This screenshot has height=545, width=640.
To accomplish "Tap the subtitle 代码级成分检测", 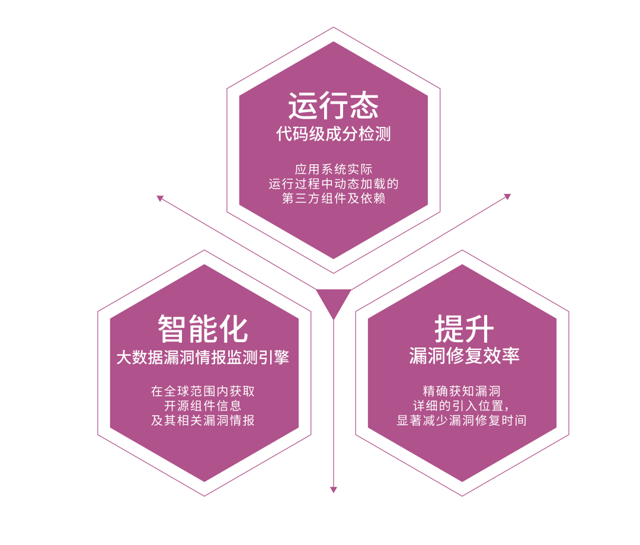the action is [333, 134].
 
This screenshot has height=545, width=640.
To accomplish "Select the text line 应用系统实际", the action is [333, 169].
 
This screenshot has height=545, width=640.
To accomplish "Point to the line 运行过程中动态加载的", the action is [333, 184].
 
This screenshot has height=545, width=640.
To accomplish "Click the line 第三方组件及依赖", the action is [333, 199].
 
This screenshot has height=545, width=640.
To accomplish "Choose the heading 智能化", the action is [203, 328].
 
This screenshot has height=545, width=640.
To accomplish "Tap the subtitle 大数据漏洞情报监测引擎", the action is [203, 358].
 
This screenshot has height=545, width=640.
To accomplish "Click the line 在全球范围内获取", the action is [203, 391].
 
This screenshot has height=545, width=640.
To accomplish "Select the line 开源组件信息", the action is [203, 406].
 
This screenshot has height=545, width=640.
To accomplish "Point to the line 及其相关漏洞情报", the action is [203, 421].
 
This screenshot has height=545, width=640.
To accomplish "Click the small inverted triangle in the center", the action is [333, 300].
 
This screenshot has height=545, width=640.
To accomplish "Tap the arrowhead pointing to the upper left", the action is [159, 198].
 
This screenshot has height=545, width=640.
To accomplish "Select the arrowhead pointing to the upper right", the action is [507, 196].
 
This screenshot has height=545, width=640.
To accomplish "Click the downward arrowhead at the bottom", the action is [333, 490].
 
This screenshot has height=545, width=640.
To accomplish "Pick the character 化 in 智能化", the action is [233, 328].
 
